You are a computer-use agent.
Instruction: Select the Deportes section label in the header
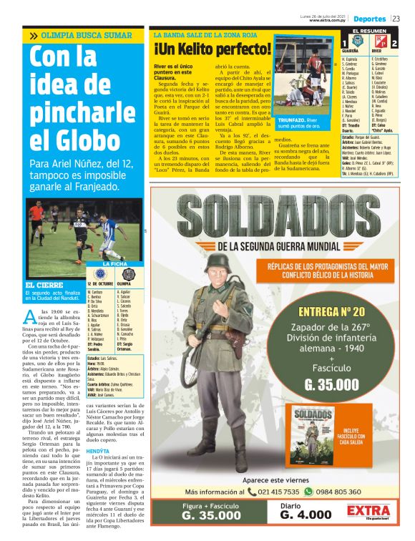click(x=369, y=18)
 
